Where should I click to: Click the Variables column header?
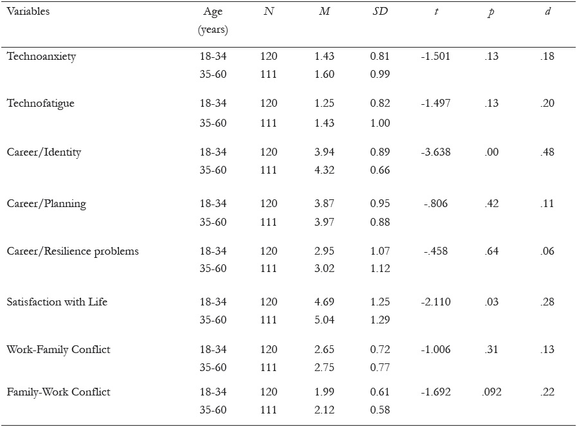[28, 12]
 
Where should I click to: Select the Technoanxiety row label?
[41, 56]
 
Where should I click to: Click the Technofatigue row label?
[41, 104]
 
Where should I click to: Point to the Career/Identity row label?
[44, 152]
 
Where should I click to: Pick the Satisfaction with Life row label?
[57, 302]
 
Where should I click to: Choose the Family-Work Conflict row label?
[59, 392]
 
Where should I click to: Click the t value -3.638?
[435, 152]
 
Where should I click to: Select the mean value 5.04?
[325, 320]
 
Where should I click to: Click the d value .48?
[547, 152]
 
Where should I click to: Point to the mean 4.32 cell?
[325, 170]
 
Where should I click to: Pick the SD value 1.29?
[380, 320]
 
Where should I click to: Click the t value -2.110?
[435, 302]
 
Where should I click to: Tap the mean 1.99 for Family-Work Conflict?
[325, 392]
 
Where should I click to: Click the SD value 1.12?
[380, 269]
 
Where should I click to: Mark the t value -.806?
[435, 204]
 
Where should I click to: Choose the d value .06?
[547, 251]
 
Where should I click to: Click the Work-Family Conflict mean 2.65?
[325, 349]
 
